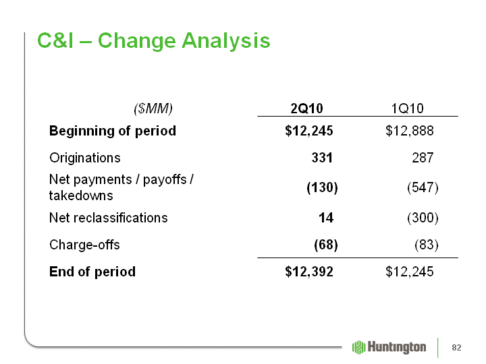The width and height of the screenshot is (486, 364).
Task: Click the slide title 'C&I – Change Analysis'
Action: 154,40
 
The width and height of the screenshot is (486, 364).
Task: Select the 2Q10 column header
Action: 306,109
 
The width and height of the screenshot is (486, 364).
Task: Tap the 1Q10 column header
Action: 407,109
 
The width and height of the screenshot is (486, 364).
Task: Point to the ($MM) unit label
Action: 153,109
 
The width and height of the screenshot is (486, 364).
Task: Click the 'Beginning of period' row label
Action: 113,131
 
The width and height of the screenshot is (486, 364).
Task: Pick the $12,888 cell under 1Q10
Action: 410,131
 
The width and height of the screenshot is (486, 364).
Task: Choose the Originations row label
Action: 85,158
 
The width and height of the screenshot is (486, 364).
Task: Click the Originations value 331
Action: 322,158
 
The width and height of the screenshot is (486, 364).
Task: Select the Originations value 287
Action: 423,158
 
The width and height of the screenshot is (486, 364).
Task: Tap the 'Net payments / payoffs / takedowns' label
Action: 122,187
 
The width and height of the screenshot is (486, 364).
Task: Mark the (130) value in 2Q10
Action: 322,187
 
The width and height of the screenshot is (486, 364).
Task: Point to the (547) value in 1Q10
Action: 423,187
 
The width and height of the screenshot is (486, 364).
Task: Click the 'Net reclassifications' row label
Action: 109,218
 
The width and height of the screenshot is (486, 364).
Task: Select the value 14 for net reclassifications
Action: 326,218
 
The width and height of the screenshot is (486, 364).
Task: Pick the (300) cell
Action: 423,218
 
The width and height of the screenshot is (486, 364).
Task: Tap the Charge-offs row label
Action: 84,245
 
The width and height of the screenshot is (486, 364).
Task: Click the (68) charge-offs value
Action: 326,245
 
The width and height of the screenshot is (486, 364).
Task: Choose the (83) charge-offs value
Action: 427,245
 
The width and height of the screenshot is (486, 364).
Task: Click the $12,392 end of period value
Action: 309,272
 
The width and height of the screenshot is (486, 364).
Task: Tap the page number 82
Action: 456,348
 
